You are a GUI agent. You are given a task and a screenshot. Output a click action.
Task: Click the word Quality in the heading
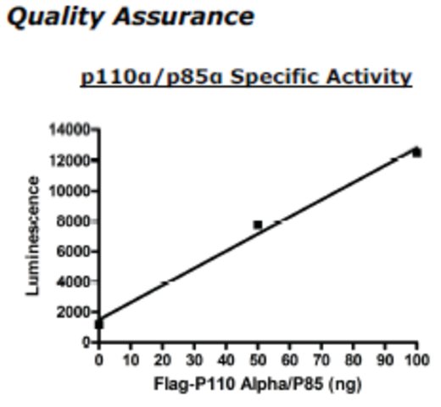55,18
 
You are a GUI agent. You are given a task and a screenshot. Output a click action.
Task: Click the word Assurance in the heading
184,16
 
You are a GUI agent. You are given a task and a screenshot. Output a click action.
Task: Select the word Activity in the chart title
369,77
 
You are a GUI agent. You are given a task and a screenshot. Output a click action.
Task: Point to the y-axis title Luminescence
32,236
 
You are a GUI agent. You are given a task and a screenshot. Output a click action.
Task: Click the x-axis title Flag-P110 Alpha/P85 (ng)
258,385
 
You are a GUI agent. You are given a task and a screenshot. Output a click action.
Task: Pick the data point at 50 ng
258,225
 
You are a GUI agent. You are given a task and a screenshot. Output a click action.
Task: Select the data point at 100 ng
416,153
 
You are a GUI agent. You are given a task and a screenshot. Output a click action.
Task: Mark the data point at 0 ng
99,325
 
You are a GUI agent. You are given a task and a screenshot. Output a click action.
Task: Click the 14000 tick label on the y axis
70,130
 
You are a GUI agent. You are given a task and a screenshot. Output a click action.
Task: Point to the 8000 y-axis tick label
73,221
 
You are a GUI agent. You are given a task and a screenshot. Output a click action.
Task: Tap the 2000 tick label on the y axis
73,312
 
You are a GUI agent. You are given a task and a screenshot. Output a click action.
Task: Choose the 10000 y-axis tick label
70,191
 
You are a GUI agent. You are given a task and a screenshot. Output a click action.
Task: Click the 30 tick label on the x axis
194,360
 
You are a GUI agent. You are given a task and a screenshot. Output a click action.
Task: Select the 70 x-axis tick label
321,360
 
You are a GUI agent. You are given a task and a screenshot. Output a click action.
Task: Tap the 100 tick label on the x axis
416,360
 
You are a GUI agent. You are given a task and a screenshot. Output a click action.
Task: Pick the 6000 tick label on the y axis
73,252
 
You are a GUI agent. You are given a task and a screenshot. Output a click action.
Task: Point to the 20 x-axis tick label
163,360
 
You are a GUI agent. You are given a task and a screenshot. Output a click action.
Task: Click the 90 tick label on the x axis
385,360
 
